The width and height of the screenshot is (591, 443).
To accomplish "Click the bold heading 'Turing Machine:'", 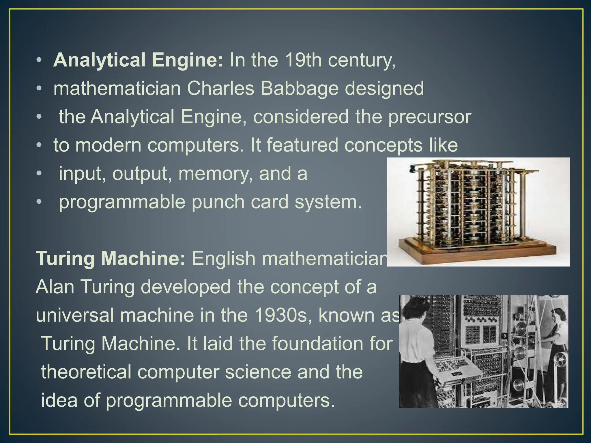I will tap(111, 258).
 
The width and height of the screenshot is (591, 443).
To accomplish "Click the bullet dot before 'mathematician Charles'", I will tap(39, 89).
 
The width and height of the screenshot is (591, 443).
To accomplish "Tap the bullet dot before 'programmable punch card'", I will tap(39, 202).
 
